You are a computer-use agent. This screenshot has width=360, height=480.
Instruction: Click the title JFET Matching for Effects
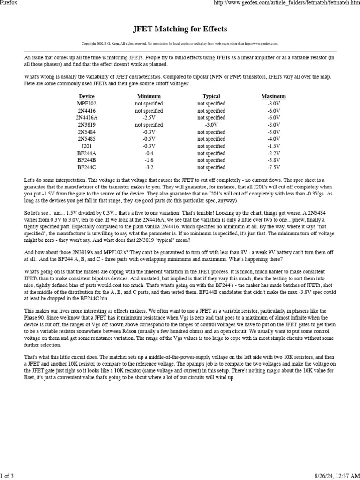coord(180,29)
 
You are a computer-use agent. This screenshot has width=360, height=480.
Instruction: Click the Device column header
coord(87,96)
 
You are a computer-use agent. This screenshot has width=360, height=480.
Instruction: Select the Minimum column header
coord(149,96)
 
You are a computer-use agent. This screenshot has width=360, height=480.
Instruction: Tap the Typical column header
coord(211,96)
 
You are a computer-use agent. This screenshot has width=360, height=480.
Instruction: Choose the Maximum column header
coord(274,96)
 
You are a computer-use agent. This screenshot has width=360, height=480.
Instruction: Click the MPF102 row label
coord(87,104)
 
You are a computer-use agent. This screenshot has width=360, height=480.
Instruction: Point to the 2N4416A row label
coord(87,118)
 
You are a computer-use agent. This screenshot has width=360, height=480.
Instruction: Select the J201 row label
coord(87,146)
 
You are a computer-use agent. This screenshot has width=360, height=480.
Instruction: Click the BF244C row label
coord(87,167)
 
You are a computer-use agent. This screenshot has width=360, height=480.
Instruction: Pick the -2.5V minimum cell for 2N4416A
coord(149,118)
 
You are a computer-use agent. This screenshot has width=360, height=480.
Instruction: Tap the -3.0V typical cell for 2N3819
coord(211,125)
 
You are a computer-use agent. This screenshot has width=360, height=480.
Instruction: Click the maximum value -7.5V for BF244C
coord(274,167)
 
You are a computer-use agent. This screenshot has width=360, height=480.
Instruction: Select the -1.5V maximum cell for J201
coord(274,146)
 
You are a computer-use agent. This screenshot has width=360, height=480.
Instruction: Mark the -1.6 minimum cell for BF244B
coord(149,160)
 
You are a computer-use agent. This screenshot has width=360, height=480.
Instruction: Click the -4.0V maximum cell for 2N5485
coord(274,139)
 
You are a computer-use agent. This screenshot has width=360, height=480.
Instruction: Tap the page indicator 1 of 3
coord(7,476)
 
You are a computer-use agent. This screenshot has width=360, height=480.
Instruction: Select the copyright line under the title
coord(180,44)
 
